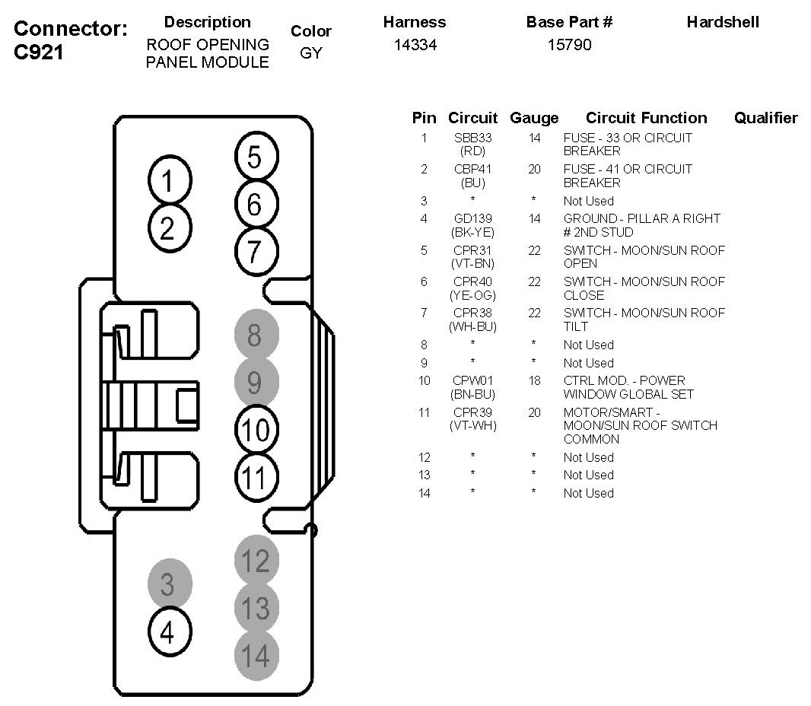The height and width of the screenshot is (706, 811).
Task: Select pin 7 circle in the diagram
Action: click(254, 250)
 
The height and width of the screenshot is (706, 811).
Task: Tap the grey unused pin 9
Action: click(255, 382)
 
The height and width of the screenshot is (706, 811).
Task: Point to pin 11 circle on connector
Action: click(254, 478)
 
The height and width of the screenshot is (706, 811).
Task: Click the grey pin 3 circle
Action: click(167, 584)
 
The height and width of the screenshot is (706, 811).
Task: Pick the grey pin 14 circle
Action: click(255, 655)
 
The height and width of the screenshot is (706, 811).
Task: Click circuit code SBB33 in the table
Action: click(472, 138)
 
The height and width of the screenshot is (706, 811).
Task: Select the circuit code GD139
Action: click(472, 218)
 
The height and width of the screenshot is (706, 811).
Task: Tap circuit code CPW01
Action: click(472, 380)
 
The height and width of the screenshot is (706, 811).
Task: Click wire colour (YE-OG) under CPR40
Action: click(472, 295)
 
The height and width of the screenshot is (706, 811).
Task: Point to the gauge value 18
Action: click(534, 380)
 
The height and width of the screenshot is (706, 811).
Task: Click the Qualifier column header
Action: click(765, 118)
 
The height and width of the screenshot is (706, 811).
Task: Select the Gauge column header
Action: click(534, 118)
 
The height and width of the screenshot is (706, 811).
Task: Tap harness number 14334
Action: click(415, 45)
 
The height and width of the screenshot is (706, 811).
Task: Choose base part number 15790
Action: click(569, 45)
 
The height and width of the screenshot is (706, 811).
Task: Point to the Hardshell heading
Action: click(722, 22)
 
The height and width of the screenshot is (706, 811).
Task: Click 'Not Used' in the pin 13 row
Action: click(588, 475)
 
